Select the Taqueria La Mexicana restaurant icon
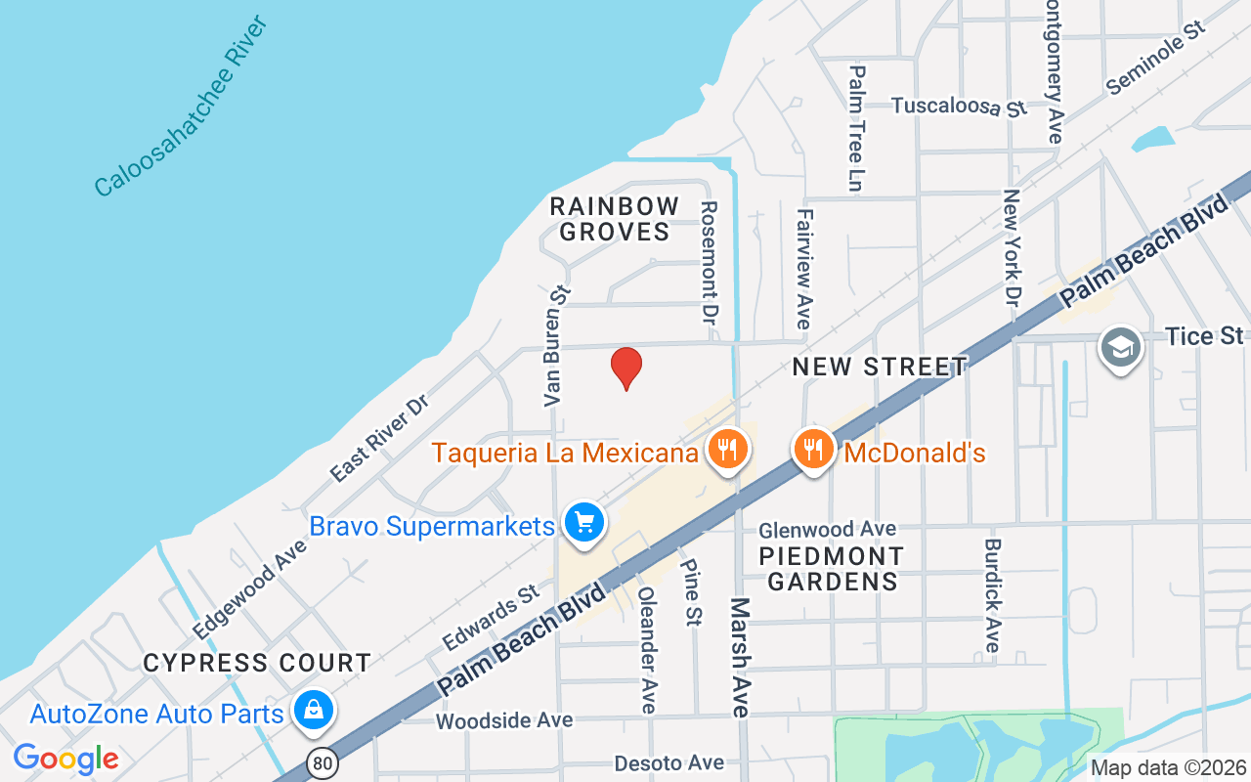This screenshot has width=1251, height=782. [x=726, y=449]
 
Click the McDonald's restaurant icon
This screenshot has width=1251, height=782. [x=813, y=449]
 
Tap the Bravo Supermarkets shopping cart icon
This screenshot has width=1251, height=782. [x=584, y=522]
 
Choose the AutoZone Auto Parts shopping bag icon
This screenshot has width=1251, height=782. [x=315, y=711]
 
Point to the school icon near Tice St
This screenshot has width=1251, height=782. [x=1120, y=348]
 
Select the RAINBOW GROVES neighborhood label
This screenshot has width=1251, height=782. [x=614, y=219]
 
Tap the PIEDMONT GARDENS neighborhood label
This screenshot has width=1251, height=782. [x=832, y=569]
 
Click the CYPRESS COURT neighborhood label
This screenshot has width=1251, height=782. [x=257, y=663]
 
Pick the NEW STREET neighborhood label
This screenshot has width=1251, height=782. [x=880, y=367]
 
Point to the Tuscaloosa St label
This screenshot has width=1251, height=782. [x=960, y=106]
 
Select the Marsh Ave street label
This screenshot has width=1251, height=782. [x=740, y=657]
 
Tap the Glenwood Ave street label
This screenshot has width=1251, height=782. [x=828, y=529]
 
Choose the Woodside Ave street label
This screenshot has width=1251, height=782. [x=504, y=720]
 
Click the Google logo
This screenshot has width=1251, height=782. [x=65, y=759]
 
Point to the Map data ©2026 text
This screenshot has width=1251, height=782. [x=1168, y=767]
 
